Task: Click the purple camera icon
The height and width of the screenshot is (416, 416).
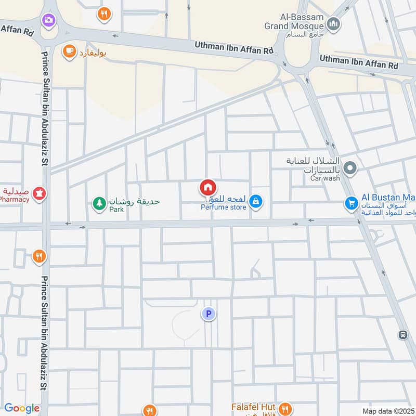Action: [x=49, y=20]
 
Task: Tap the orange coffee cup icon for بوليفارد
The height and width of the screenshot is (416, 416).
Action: [x=68, y=51]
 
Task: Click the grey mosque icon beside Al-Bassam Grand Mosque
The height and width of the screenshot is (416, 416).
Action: [x=334, y=23]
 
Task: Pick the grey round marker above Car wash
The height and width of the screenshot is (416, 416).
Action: [x=350, y=167]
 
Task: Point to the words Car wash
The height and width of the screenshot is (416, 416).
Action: [x=325, y=178]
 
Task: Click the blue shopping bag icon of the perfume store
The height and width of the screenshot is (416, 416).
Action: [x=255, y=201]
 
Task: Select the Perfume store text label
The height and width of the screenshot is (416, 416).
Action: [x=224, y=207]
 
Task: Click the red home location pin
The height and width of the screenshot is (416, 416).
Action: [x=207, y=187]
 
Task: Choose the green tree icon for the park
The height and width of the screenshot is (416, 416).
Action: [x=99, y=203]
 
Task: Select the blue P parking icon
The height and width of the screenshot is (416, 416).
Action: [x=209, y=314]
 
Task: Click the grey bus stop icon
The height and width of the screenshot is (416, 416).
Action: [x=402, y=335]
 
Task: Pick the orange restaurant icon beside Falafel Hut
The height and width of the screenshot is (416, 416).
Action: [x=284, y=408]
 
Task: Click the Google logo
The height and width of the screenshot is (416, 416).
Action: [x=21, y=408]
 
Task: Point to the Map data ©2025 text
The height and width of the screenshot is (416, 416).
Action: [x=387, y=411]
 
